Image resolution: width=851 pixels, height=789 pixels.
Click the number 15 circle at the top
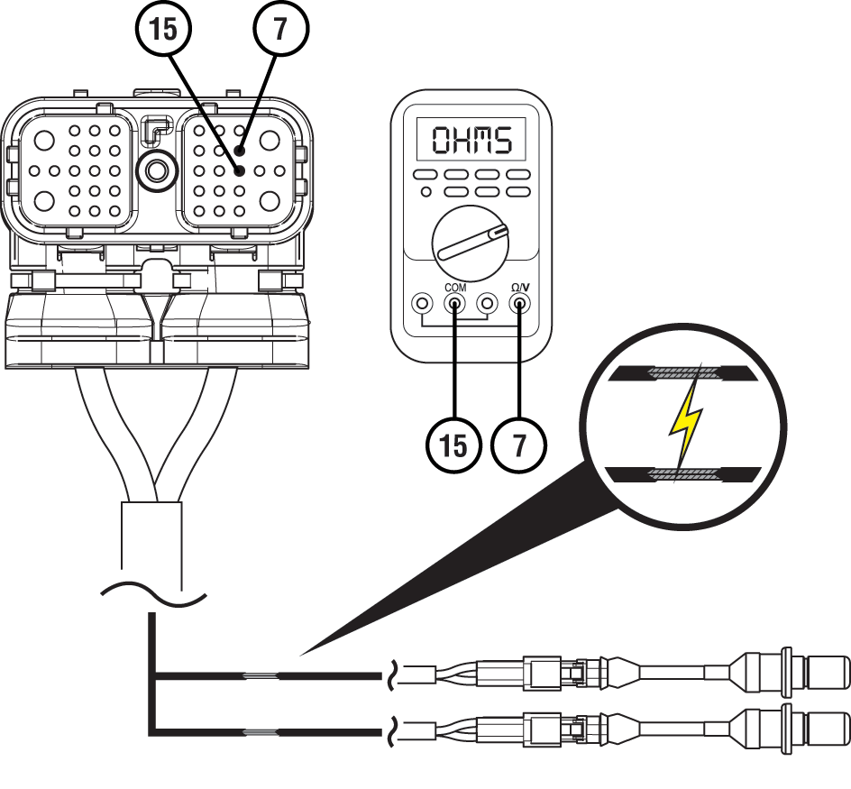163,29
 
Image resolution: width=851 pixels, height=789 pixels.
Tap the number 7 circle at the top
281,29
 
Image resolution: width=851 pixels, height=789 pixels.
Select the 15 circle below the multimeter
453,445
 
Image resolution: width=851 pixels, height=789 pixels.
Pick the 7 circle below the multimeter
519,445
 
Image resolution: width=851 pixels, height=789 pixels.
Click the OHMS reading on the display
471,140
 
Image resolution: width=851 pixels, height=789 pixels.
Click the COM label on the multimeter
455,288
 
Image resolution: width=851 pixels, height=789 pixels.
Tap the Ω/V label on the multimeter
520,288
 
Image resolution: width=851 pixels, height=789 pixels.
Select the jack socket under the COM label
455,304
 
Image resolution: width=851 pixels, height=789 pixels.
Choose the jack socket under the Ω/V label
520,304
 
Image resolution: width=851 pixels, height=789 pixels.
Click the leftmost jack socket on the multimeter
422,304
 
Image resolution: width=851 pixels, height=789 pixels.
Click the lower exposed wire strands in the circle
682,473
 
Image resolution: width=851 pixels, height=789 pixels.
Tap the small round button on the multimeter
425,191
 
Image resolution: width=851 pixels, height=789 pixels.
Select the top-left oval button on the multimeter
425,175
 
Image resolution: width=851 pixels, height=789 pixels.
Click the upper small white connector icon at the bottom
429,674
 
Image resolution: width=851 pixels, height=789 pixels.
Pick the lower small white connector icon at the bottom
429,730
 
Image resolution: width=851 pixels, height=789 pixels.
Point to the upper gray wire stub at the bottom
260,675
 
